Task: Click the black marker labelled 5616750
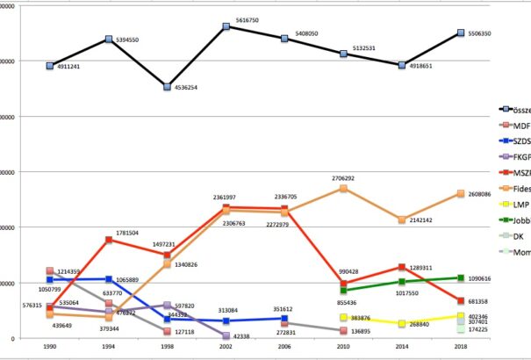226,26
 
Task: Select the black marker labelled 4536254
167,86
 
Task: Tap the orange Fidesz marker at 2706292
343,188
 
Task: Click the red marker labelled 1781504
108,240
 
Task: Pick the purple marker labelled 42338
226,335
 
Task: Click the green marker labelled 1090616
461,277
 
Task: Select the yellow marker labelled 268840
402,323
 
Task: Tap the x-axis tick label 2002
226,349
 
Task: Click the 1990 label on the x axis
49,349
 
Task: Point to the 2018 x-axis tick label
461,349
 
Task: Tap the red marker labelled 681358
461,301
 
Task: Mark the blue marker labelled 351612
285,319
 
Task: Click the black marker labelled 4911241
50,66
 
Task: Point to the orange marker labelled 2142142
402,220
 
